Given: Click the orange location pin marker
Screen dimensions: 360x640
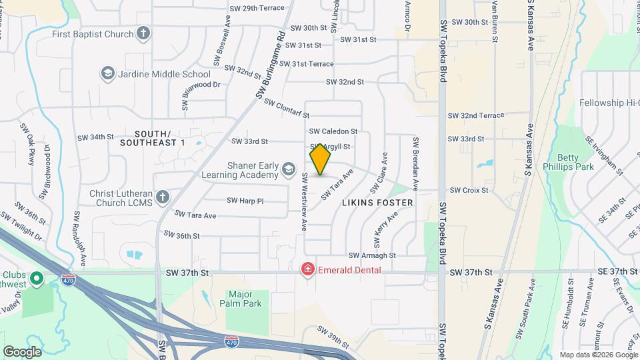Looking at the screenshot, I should [x=320, y=159].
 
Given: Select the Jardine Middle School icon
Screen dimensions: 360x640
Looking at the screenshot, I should [x=107, y=73].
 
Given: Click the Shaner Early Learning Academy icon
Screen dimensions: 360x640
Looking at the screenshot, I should [x=288, y=169].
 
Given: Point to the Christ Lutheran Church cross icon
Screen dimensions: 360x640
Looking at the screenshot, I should [x=163, y=196].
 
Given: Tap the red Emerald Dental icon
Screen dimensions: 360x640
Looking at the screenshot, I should [x=307, y=269].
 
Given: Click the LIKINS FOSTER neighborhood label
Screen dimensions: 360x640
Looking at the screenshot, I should [x=378, y=201].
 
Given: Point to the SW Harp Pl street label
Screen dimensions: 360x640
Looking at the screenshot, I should [x=245, y=200].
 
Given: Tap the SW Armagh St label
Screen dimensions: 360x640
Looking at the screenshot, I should [x=372, y=255].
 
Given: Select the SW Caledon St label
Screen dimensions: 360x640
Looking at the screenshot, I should [x=333, y=131].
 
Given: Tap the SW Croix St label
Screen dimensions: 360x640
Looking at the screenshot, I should [x=469, y=190].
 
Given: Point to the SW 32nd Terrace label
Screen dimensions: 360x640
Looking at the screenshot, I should [x=476, y=115].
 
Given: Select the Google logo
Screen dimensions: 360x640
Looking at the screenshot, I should [x=22, y=351].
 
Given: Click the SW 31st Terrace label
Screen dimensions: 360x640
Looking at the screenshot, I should [x=306, y=63].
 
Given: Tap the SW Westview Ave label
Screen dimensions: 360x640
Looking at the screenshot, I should [x=304, y=202].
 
